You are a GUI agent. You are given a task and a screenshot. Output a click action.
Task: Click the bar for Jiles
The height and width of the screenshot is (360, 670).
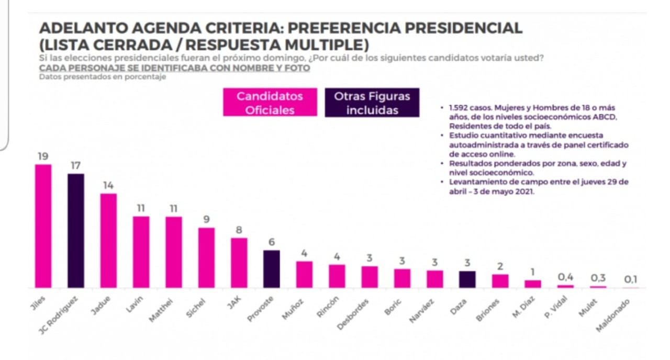tap(43, 226)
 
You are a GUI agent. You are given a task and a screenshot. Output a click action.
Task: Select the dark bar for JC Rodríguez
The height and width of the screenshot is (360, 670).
tap(76, 231)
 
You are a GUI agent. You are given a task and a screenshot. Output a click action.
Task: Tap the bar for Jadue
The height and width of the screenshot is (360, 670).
tap(108, 241)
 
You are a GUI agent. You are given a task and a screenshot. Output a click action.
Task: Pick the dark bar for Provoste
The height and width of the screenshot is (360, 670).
tap(271, 269)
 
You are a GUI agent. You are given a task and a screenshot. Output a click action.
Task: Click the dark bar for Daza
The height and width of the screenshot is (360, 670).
tap(467, 279)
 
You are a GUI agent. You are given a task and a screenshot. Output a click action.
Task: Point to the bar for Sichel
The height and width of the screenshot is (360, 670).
tap(206, 257)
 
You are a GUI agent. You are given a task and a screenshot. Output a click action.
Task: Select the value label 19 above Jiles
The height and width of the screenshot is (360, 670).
tap(43, 156)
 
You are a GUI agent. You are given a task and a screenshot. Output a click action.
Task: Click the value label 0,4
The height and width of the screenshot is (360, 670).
tap(565, 277)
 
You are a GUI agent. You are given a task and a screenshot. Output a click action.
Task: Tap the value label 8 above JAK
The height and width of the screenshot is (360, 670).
tap(239, 229)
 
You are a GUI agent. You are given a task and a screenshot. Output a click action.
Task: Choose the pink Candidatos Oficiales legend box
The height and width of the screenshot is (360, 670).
tap(270, 103)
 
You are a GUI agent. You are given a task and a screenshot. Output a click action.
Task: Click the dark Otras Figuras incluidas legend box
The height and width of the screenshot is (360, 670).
tap(372, 103)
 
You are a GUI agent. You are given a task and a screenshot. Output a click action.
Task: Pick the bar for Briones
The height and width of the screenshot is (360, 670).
tap(500, 281)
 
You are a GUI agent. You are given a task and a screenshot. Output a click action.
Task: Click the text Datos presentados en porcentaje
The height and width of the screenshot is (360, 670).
tap(103, 77)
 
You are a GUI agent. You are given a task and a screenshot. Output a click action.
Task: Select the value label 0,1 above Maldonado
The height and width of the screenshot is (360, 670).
tap(630, 279)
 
